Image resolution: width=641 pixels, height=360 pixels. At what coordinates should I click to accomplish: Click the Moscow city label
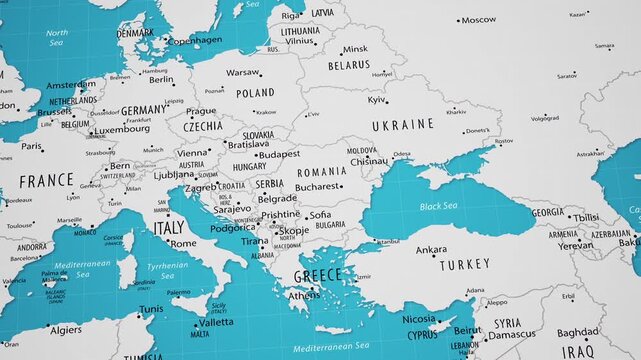click(x=478, y=20)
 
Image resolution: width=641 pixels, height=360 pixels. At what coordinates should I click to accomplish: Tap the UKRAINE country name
click(x=402, y=125)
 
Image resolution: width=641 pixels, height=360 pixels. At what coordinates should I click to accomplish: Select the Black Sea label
click(x=437, y=206)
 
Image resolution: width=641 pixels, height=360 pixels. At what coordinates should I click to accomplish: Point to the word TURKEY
click(x=466, y=265)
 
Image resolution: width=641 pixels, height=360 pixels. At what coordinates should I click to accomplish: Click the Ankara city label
click(x=432, y=249)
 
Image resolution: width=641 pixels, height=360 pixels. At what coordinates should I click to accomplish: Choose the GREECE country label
click(x=318, y=276)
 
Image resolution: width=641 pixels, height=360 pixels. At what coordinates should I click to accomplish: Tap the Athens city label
click(x=305, y=295)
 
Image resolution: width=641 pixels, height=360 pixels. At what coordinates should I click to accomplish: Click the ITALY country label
click(x=168, y=228)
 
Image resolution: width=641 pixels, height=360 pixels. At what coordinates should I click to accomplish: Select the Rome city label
click(x=183, y=243)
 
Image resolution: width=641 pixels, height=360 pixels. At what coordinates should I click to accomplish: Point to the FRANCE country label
click(x=46, y=181)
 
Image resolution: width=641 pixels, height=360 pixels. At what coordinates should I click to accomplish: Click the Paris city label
click(x=32, y=146)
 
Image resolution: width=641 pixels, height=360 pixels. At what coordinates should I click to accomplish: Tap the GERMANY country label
click(x=145, y=110)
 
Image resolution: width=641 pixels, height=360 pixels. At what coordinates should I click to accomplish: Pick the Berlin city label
click(x=161, y=80)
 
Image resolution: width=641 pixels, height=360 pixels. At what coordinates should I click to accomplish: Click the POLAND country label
click(x=255, y=93)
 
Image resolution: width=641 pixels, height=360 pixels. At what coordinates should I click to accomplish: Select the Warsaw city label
click(x=242, y=73)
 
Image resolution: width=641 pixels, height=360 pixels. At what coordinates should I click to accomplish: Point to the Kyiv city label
click(x=377, y=100)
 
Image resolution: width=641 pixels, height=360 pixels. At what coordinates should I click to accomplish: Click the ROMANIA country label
click(x=322, y=172)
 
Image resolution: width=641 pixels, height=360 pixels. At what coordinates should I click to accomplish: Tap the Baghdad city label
click(x=577, y=332)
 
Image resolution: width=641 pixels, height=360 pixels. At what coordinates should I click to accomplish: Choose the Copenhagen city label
click(x=194, y=41)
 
